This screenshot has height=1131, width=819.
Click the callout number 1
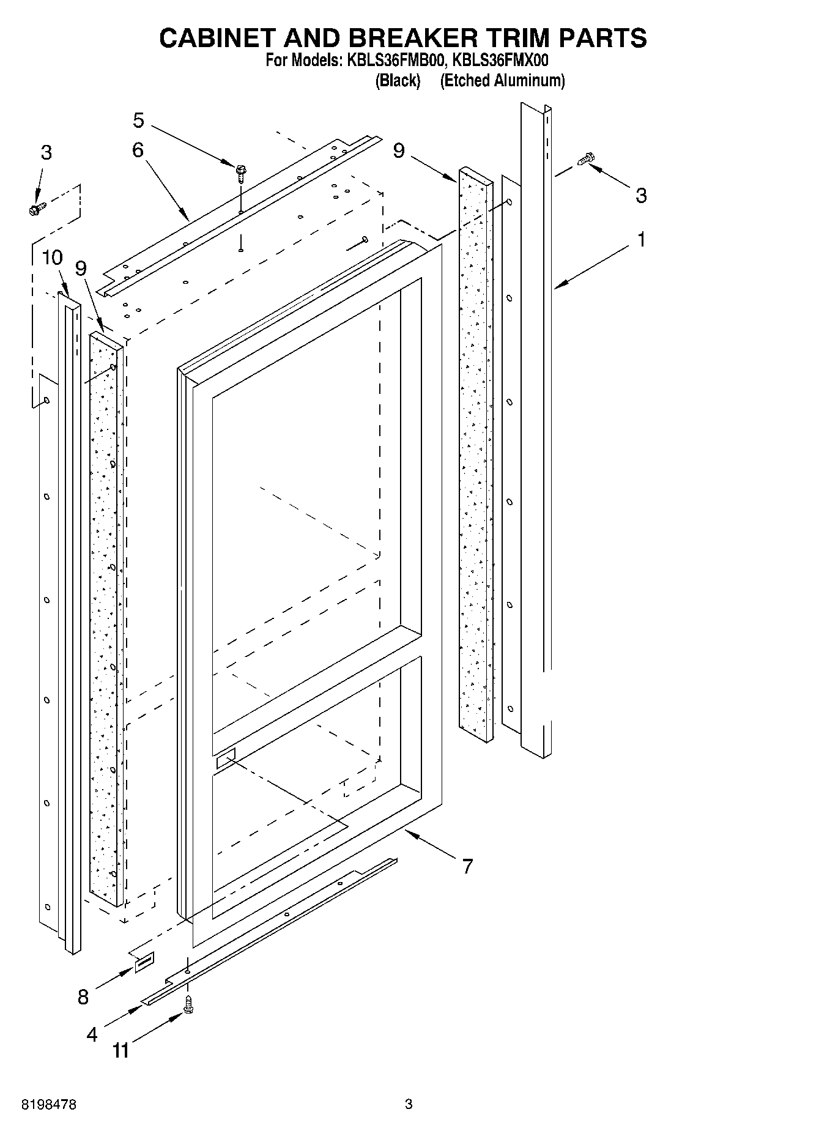pos(641,240)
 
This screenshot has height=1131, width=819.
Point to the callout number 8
pos(83,997)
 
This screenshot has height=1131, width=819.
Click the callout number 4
pos(92,1034)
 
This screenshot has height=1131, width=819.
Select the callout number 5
pos(139,121)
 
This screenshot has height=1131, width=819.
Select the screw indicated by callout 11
pos(188,1004)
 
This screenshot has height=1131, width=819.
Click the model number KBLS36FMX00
pos(500,61)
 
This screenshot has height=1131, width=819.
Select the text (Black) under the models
pos(398,80)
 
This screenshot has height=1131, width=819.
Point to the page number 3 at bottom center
pos(409,1104)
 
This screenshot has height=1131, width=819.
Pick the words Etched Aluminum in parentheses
pos(502,80)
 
